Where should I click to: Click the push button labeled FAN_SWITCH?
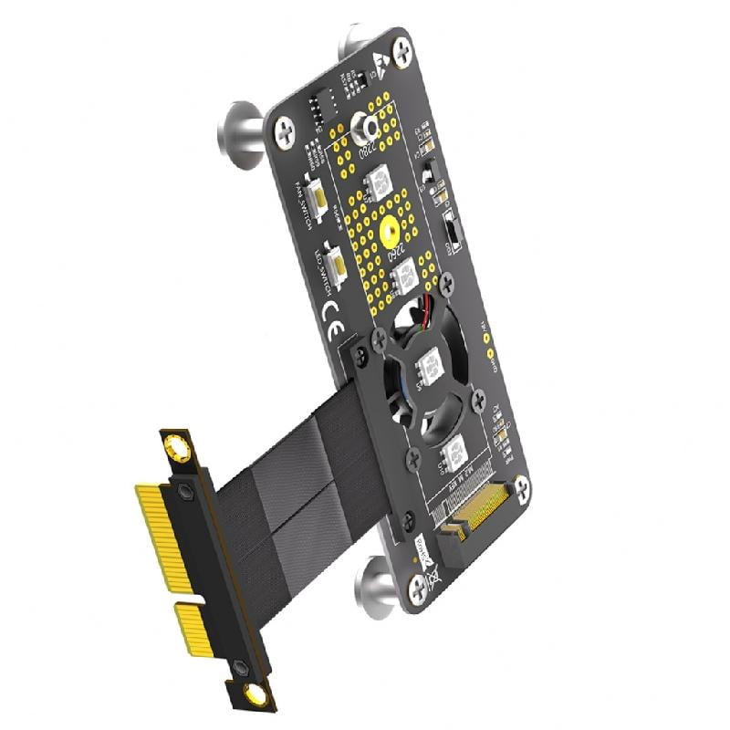pos(320,193)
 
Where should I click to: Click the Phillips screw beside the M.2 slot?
pos(521,490)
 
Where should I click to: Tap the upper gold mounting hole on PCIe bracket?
pos(177,448)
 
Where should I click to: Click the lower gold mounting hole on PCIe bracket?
pos(256,696)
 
